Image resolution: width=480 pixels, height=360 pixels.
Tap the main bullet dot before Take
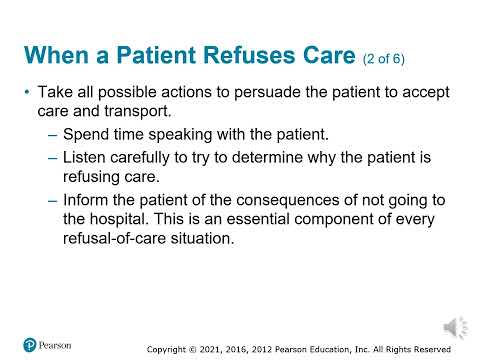coord(26,92)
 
